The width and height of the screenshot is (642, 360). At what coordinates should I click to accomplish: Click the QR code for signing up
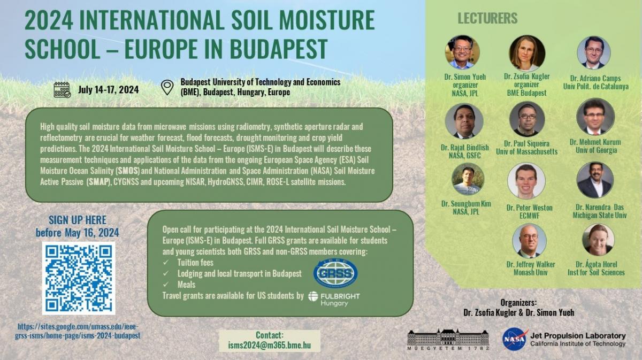(x=79, y=278)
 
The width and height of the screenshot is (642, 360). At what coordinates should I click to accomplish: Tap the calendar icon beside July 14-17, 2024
(x=62, y=90)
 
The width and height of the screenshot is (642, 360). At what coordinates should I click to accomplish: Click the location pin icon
(x=167, y=87)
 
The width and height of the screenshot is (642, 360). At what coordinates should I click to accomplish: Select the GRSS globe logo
(x=335, y=273)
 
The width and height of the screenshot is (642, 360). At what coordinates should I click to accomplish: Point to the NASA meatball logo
(x=515, y=339)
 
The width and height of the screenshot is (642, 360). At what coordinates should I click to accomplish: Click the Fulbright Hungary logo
(x=334, y=299)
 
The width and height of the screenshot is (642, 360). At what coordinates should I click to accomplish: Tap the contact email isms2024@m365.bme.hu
(x=270, y=345)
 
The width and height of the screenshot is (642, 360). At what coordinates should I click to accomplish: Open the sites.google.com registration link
(x=78, y=331)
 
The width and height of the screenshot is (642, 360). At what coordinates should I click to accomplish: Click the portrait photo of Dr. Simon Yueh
(x=462, y=52)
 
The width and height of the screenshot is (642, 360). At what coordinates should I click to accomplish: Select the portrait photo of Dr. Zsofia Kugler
(x=527, y=53)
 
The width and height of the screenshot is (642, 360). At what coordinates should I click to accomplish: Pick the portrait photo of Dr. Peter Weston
(x=526, y=181)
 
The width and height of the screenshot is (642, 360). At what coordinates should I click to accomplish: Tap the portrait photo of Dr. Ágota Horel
(x=598, y=240)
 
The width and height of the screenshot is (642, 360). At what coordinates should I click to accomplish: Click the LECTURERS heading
(x=487, y=18)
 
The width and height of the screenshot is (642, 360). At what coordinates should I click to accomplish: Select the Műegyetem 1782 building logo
(x=448, y=340)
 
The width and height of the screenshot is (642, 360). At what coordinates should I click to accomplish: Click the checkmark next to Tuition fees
(x=166, y=263)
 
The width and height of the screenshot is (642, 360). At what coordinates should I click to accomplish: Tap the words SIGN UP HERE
(x=78, y=220)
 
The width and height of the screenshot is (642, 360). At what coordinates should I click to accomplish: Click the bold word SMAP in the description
(x=99, y=182)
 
